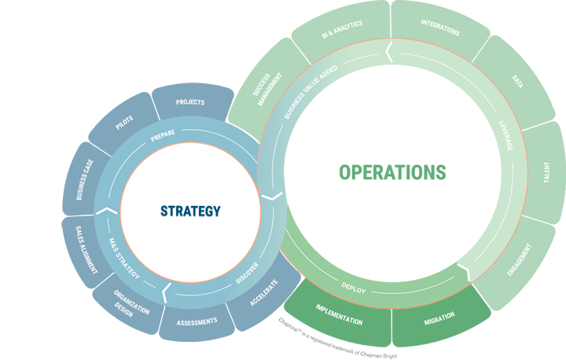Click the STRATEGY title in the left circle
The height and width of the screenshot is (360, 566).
[x=190, y=211]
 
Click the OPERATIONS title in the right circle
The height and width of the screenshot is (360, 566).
[x=392, y=172]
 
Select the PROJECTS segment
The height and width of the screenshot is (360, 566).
[x=190, y=103]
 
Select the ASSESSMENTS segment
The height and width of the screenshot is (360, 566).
[x=196, y=322]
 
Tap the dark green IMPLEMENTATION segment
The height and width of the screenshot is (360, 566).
[x=339, y=317]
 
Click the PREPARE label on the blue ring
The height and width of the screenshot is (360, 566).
[x=163, y=133]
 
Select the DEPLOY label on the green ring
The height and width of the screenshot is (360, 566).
[x=354, y=289]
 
